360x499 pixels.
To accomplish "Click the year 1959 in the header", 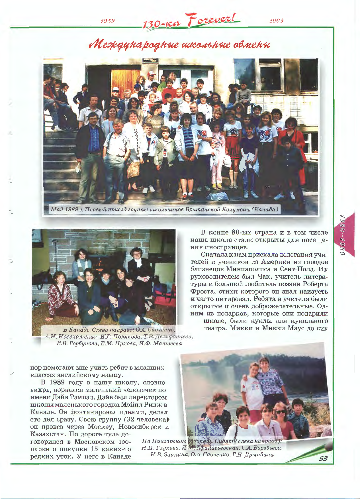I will tap(108, 21).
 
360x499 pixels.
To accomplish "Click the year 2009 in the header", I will tap(276, 21).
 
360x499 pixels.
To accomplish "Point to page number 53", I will tap(323, 459).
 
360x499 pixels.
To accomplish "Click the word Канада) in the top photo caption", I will tap(265, 209).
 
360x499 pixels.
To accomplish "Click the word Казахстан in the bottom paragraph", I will tap(47, 434).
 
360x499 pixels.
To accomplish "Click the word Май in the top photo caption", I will tap(56, 209).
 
